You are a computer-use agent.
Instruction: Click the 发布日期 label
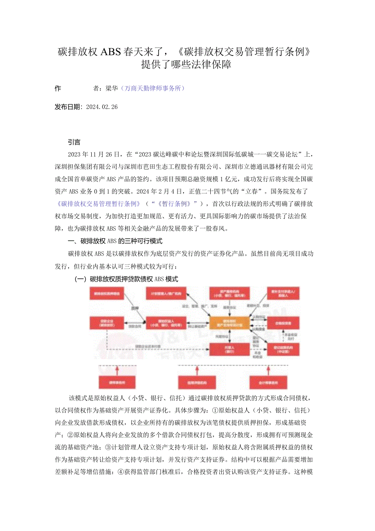coord(68,107)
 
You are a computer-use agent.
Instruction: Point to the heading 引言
coord(75,142)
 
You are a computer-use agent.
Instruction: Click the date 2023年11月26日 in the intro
coord(95,154)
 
